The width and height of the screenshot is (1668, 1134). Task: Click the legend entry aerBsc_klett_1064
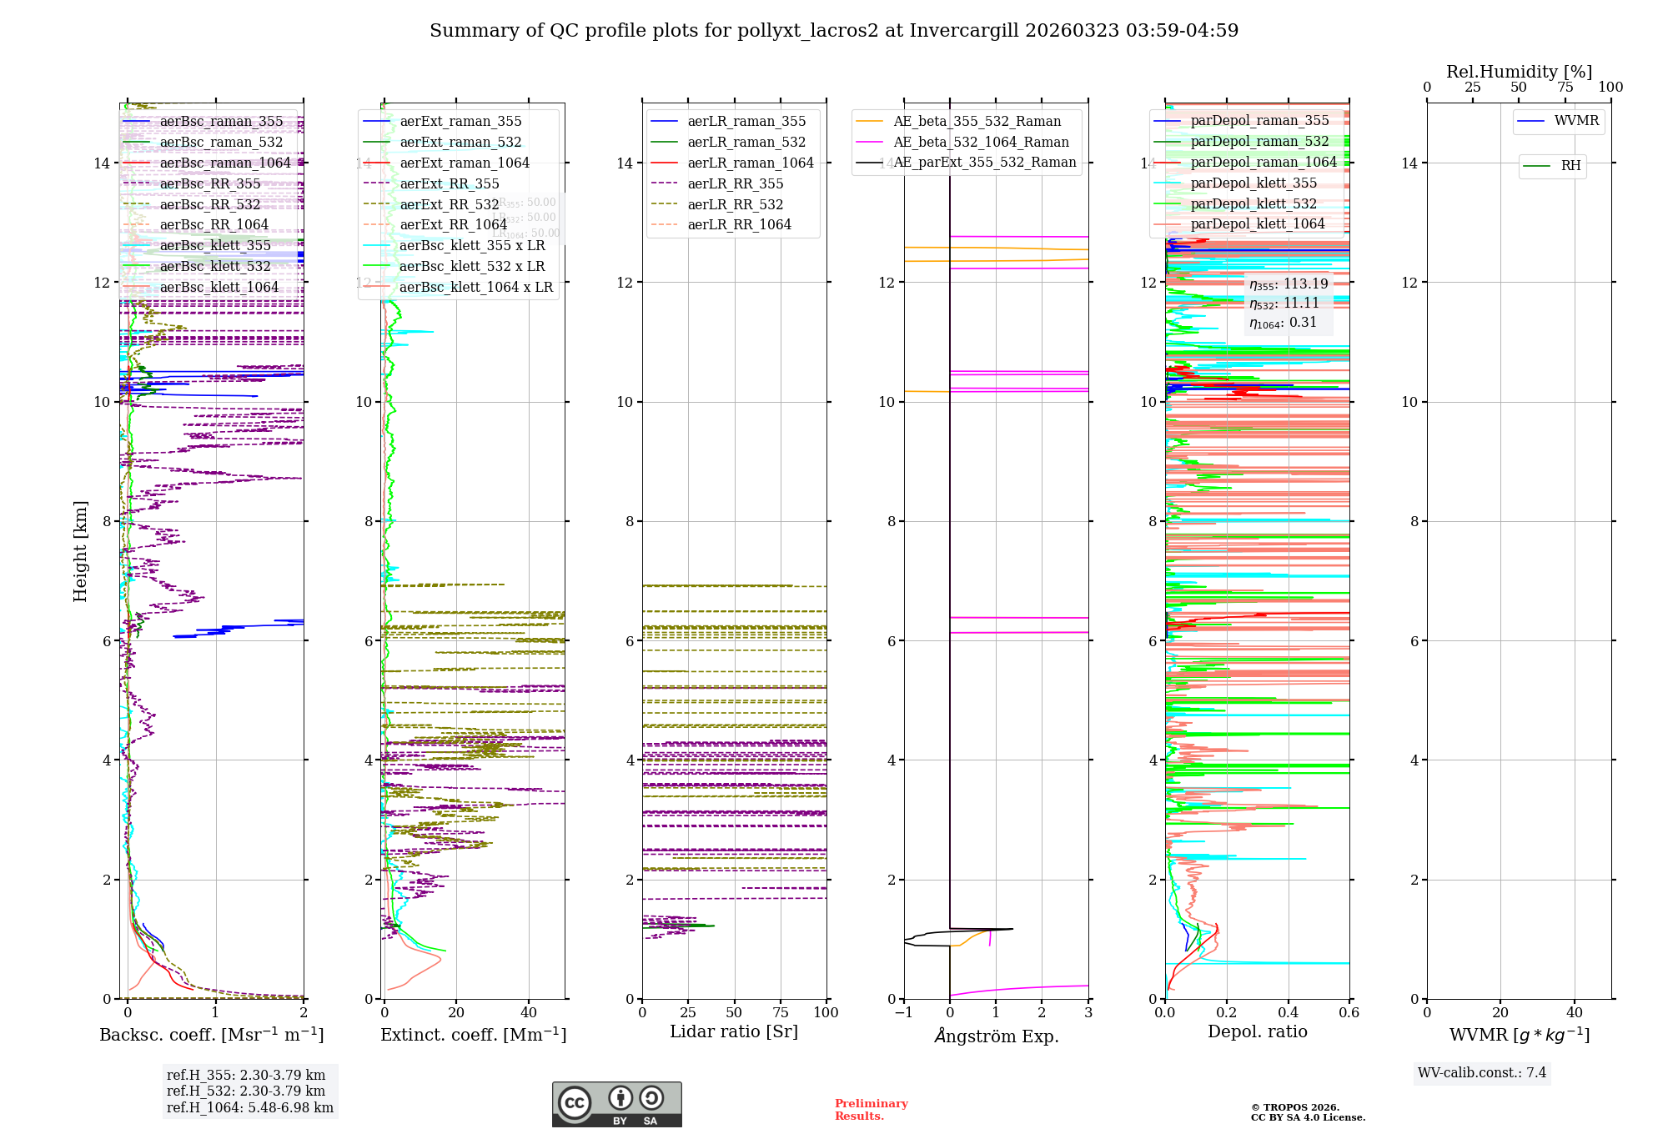[219, 287]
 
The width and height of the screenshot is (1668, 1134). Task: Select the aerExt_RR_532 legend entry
[449, 204]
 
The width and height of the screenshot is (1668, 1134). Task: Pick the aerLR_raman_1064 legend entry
[750, 163]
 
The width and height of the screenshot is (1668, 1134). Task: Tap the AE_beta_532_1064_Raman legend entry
[981, 142]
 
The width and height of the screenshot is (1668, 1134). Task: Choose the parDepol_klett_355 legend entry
[1254, 183]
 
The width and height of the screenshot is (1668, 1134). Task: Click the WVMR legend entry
[1576, 121]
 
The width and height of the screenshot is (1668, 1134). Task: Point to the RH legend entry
[1570, 166]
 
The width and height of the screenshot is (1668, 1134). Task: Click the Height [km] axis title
[80, 550]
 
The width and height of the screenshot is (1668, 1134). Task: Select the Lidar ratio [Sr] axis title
[734, 1031]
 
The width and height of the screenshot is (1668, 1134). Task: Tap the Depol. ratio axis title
[1258, 1031]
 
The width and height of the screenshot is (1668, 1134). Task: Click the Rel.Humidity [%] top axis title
[1519, 72]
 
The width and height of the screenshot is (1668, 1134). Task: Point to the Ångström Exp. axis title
[997, 1036]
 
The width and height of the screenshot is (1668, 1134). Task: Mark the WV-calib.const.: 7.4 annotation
[1482, 1072]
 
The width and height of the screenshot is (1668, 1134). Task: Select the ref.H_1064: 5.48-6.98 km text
[250, 1107]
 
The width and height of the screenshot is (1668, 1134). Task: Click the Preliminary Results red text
[872, 1109]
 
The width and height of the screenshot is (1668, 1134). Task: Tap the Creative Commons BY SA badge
[616, 1104]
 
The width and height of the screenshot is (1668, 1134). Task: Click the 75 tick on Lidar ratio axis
[781, 1012]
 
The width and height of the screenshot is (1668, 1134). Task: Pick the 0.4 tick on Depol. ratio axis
[1289, 1012]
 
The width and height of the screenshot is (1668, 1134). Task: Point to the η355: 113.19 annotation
[1289, 284]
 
